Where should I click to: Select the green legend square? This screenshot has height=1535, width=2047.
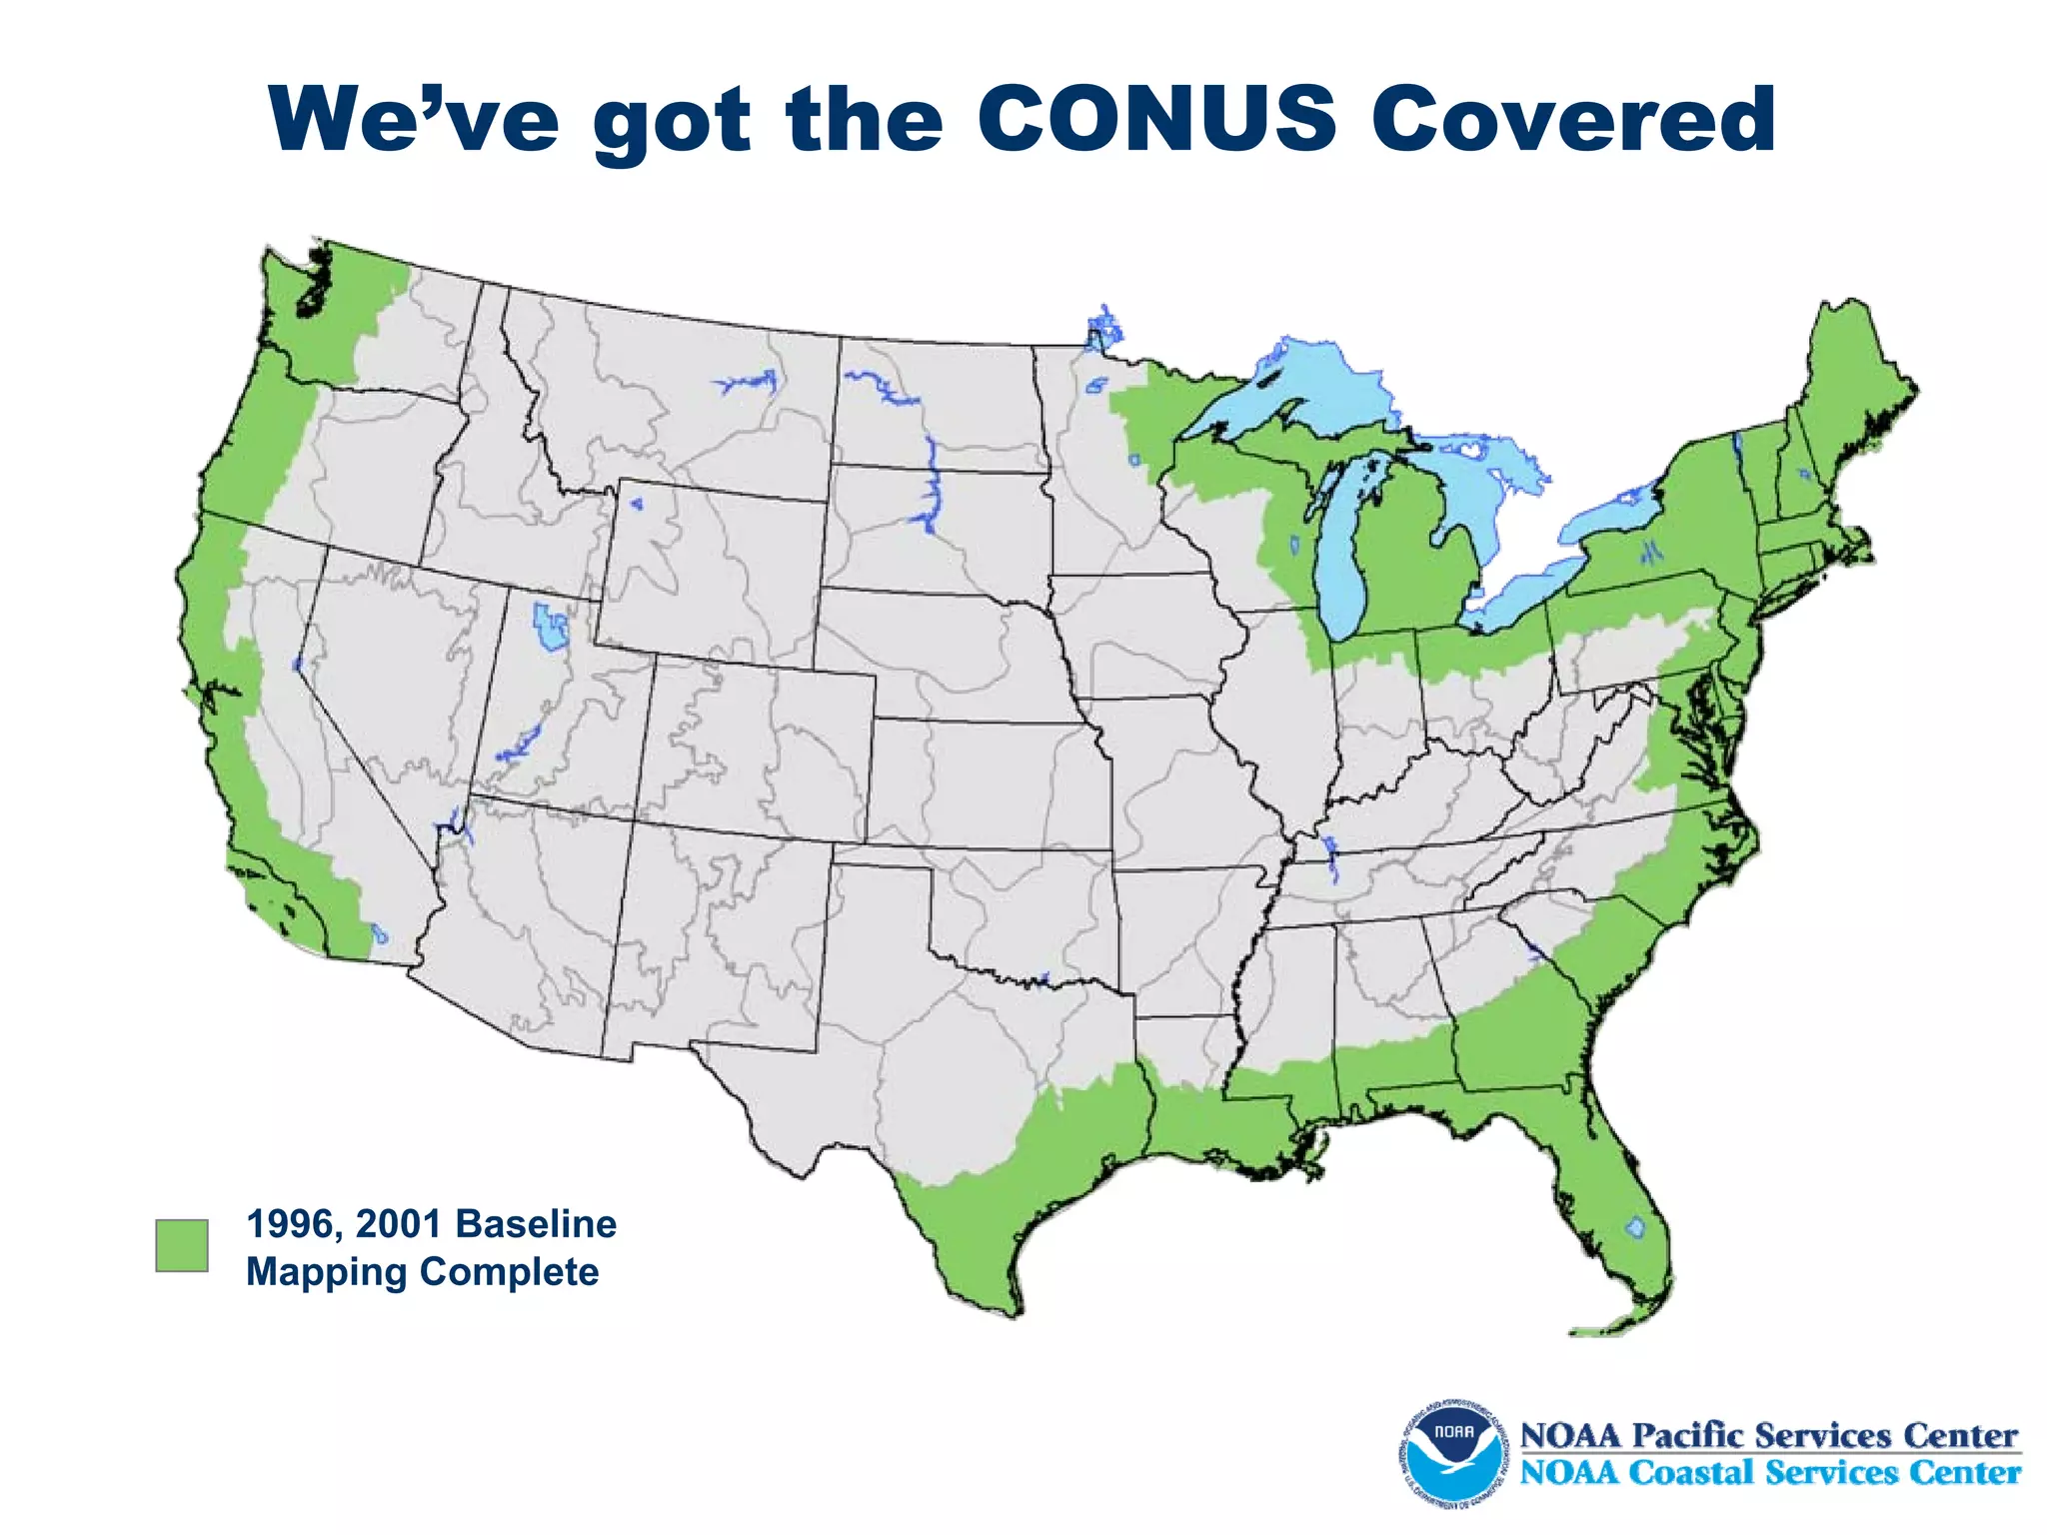click(x=182, y=1245)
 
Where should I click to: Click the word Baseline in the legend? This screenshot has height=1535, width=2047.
click(x=536, y=1223)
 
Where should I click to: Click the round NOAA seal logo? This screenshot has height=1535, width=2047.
click(x=1452, y=1452)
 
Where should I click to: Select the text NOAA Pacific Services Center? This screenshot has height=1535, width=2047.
click(x=1769, y=1435)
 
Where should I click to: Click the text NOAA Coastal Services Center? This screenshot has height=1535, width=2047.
click(x=1769, y=1473)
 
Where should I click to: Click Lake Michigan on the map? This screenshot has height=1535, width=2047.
click(x=1344, y=560)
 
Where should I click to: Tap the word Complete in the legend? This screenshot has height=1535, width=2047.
click(x=509, y=1272)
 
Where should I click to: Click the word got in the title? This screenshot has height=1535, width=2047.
click(x=671, y=120)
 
